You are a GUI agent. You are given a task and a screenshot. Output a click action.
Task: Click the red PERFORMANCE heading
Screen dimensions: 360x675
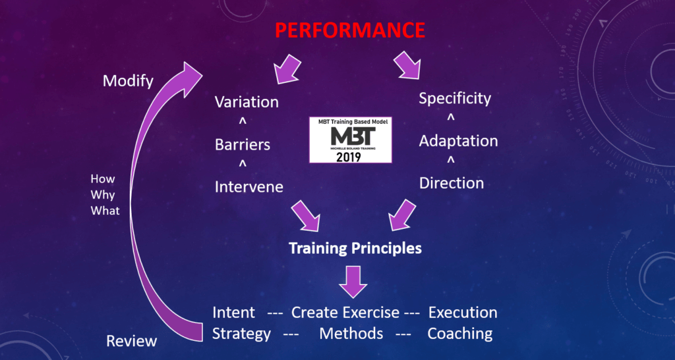point(350,30)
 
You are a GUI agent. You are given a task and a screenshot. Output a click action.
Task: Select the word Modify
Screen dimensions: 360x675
point(128,81)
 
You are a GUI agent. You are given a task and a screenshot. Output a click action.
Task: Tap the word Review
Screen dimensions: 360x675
point(132,341)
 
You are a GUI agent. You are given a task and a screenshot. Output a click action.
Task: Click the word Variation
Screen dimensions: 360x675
point(247,102)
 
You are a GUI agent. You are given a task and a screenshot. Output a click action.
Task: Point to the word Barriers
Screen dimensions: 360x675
point(243,144)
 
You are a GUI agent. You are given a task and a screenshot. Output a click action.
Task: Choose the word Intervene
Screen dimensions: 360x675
point(249,187)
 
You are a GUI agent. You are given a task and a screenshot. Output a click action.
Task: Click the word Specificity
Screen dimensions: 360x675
point(455,99)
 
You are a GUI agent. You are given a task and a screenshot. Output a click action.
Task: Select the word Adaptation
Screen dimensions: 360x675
point(458,141)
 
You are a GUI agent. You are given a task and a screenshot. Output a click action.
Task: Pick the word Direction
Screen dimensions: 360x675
point(452,183)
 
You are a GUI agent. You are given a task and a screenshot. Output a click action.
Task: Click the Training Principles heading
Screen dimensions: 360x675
point(355,249)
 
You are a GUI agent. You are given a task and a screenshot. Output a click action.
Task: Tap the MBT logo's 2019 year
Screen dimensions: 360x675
point(351,157)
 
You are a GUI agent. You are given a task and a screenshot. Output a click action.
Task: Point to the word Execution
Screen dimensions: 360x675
point(463,313)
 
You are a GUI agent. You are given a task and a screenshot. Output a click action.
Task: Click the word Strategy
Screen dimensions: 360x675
point(241,334)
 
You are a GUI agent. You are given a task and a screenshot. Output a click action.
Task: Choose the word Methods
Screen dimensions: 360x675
point(351,334)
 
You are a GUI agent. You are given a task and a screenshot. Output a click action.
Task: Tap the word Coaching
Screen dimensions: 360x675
point(459,334)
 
